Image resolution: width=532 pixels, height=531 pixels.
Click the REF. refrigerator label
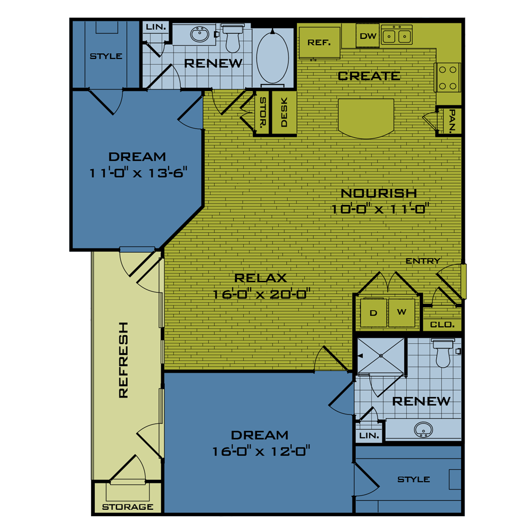click(319, 43)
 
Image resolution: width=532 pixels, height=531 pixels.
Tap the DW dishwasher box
click(368, 36)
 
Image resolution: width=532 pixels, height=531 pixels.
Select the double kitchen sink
click(397, 36)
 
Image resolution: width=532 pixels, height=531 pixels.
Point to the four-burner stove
click(448, 77)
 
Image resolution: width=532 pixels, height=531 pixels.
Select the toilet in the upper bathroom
click(232, 38)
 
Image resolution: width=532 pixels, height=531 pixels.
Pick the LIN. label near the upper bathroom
click(155, 27)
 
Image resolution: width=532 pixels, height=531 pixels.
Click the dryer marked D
click(373, 313)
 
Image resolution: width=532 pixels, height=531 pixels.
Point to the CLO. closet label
click(442, 324)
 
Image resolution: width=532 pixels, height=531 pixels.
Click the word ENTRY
click(423, 261)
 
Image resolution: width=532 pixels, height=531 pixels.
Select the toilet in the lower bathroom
click(443, 353)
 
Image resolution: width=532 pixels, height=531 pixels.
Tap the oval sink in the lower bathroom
click(423, 428)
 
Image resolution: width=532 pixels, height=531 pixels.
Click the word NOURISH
click(379, 193)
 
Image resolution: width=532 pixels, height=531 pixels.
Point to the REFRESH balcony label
click(123, 360)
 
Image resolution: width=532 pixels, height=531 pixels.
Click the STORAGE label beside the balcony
click(128, 507)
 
